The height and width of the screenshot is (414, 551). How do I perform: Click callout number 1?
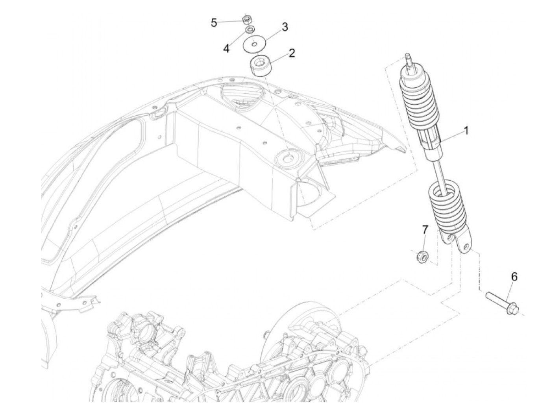point(466,130)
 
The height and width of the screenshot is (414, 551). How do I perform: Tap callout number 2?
point(292,53)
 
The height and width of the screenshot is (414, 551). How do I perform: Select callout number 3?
point(285,27)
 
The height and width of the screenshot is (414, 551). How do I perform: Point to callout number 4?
point(226,48)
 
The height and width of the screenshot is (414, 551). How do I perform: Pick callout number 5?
point(214,23)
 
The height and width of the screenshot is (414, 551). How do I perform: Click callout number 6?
point(514,277)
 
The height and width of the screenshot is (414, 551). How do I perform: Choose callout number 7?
point(425,229)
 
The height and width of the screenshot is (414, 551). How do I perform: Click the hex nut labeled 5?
point(248,18)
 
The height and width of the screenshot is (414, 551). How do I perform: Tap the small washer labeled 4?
point(250,30)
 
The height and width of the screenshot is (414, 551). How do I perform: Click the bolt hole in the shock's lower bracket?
point(466,247)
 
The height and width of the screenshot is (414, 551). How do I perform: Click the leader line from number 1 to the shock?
point(453,135)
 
